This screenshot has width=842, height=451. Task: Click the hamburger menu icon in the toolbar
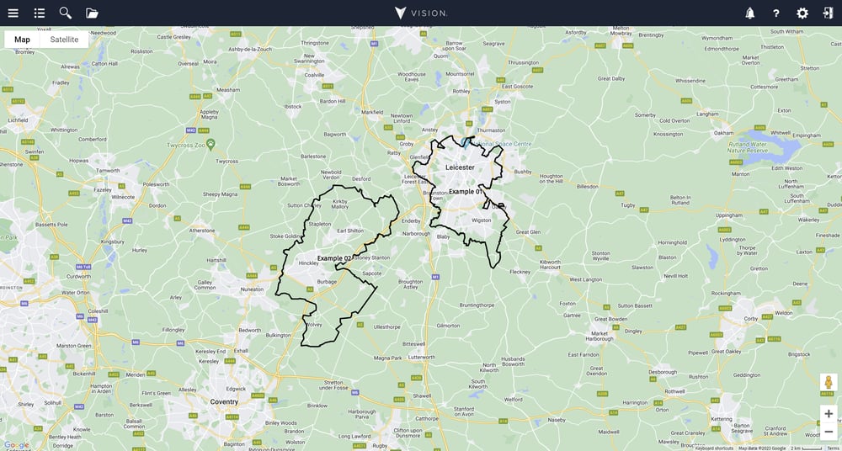click(x=13, y=13)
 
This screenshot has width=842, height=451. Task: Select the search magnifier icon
click(x=65, y=13)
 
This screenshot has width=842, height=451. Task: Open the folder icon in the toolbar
click(x=92, y=13)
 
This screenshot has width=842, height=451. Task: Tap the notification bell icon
click(x=749, y=13)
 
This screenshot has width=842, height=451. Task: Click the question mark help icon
click(x=776, y=13)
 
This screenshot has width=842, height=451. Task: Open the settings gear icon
click(x=802, y=13)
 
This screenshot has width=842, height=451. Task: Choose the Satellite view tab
click(x=64, y=40)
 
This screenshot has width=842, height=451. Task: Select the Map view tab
click(x=22, y=40)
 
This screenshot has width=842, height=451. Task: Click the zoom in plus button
click(x=829, y=414)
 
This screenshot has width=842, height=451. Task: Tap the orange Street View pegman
click(x=829, y=383)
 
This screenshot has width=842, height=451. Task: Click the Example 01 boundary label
click(x=466, y=192)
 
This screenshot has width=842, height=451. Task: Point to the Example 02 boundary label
click(x=334, y=257)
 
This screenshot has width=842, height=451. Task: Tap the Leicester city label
click(x=460, y=167)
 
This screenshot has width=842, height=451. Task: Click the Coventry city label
click(x=224, y=401)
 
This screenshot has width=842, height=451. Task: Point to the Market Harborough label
click(x=599, y=336)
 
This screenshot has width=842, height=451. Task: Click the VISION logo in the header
click(x=421, y=13)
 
